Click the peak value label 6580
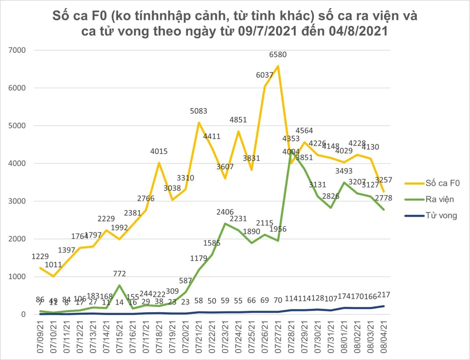(278, 55)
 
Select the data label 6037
(265, 76)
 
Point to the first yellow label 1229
(40, 256)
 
